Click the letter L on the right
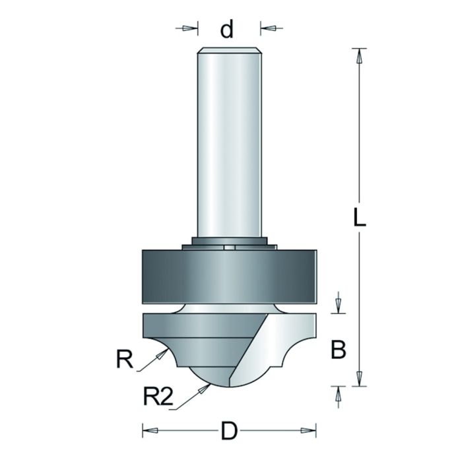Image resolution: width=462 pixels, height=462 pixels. point(358,218)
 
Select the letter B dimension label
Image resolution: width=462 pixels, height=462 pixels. point(338,350)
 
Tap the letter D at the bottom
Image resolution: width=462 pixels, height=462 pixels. point(228,432)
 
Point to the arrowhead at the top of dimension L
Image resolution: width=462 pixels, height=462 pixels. point(359,55)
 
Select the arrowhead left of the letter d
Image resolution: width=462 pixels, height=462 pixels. point(191,28)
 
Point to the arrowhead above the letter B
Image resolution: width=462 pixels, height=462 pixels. point(338,306)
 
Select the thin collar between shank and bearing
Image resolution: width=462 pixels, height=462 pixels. point(229,244)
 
